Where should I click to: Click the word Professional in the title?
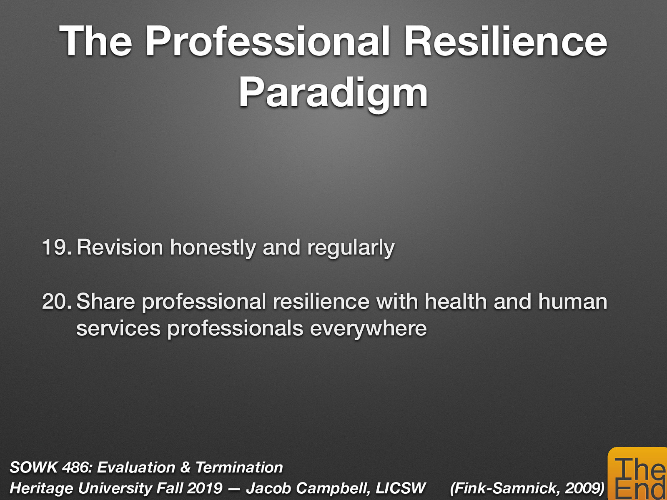[x=267, y=42]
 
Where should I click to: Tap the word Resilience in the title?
[x=505, y=42]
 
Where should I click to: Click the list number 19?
[x=56, y=247]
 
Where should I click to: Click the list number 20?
[x=56, y=302]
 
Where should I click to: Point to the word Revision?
[x=120, y=247]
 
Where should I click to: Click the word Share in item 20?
[x=105, y=302]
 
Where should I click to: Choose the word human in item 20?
[x=572, y=302]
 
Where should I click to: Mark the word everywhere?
[x=368, y=329]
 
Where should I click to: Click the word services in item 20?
[x=118, y=329]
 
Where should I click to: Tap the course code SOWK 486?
[x=50, y=467]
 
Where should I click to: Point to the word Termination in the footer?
[x=239, y=467]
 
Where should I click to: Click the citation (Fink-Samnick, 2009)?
[x=527, y=488]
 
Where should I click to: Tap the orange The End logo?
[x=638, y=475]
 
